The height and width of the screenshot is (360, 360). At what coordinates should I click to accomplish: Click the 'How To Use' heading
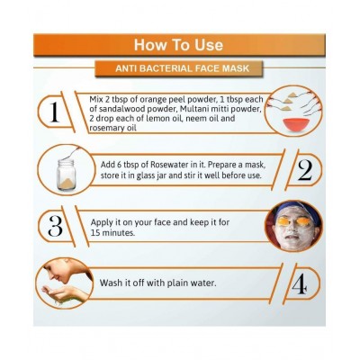click(179, 44)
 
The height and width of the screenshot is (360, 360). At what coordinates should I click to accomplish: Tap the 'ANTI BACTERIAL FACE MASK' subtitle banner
click(180, 69)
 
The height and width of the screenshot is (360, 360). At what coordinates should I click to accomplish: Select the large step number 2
click(302, 169)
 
